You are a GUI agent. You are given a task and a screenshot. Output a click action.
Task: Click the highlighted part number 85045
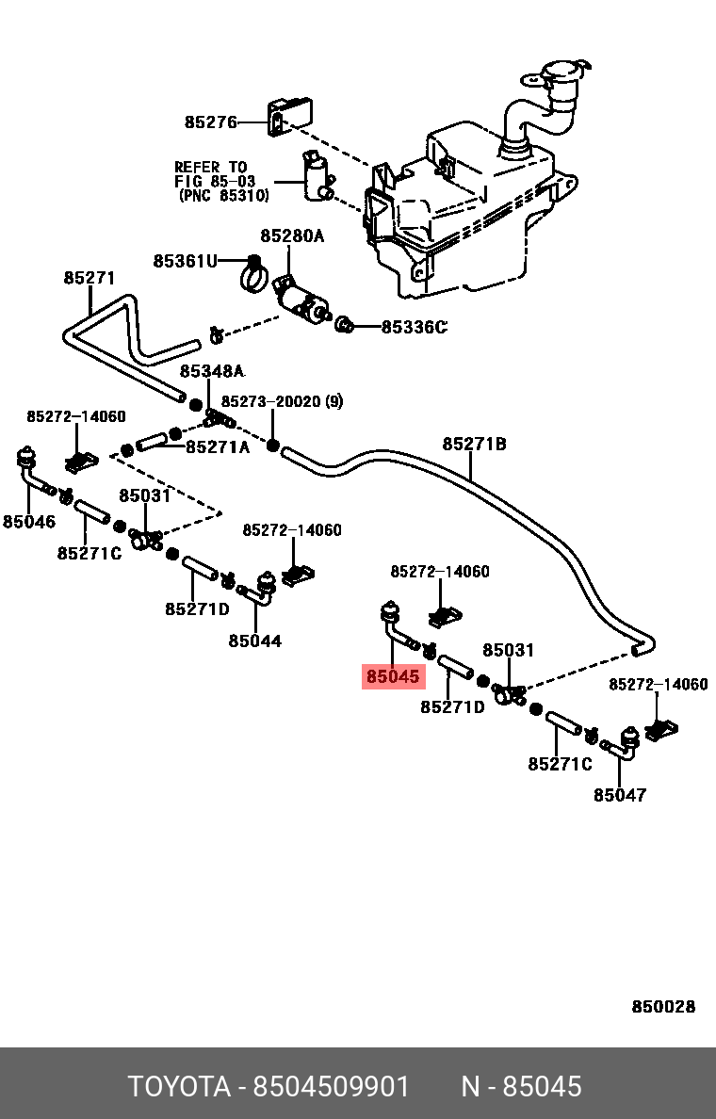tap(394, 675)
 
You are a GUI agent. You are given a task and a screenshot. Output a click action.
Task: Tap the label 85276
tap(211, 122)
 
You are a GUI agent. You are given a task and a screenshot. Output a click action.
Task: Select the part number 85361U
tap(185, 261)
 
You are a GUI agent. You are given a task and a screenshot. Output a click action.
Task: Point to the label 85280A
tap(292, 235)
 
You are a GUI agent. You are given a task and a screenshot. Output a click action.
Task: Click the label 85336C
tap(414, 327)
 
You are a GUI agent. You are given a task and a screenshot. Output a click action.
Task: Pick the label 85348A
tap(212, 371)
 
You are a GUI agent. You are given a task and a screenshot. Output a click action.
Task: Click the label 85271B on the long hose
tap(474, 444)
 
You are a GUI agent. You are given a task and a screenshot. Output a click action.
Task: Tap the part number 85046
tap(28, 522)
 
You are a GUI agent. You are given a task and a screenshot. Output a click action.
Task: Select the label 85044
tap(255, 641)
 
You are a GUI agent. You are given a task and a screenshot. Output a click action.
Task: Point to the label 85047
tap(620, 794)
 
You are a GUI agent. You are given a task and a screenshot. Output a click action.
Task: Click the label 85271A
tap(218, 446)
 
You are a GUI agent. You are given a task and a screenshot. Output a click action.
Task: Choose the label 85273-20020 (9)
tap(282, 402)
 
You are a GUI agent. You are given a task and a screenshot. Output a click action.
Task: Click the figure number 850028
tap(663, 1006)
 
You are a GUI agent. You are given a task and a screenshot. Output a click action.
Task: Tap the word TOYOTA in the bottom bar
tap(179, 1087)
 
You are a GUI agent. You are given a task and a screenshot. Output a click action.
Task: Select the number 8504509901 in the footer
tap(332, 1087)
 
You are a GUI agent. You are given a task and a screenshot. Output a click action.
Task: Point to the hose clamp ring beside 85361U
tap(252, 274)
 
